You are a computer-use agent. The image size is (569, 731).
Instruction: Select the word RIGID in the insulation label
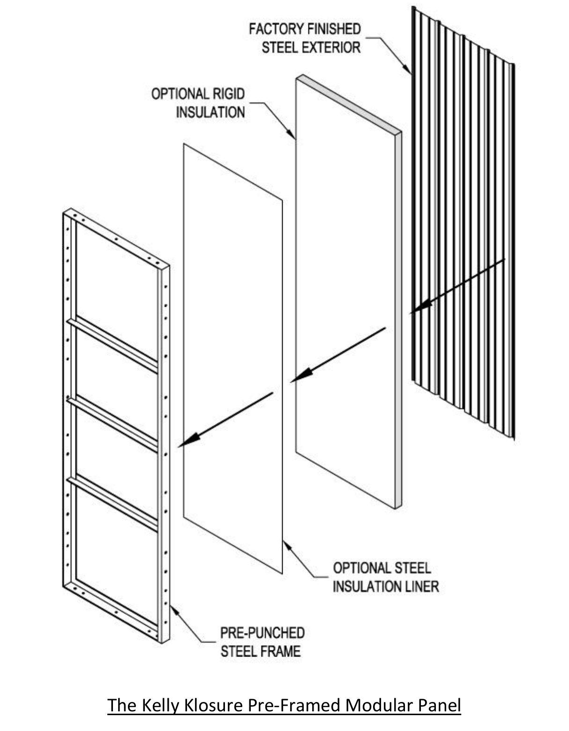point(229,94)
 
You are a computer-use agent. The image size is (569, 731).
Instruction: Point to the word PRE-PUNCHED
point(262,633)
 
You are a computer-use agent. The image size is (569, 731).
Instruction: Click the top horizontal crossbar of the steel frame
point(112,344)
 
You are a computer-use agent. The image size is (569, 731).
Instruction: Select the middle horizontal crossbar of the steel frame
point(112,423)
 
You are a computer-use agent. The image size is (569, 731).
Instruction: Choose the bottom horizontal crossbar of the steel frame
point(112,502)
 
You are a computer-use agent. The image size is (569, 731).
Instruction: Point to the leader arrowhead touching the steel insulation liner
point(286,546)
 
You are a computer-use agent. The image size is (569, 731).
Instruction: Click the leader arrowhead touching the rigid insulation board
point(292,135)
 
